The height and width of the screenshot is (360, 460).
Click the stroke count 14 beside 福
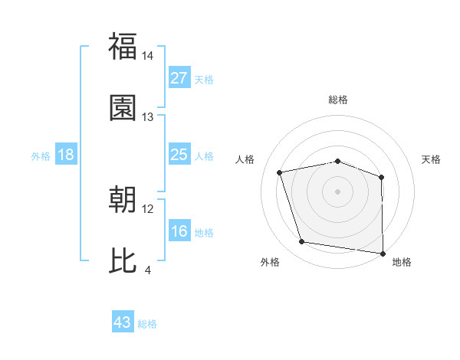pyautogui.click(x=148, y=57)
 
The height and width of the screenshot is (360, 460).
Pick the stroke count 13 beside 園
pyautogui.click(x=148, y=117)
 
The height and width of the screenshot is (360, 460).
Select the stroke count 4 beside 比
pyautogui.click(x=148, y=270)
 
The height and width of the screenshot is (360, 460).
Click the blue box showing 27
pyautogui.click(x=179, y=78)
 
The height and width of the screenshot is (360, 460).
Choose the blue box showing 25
pyautogui.click(x=179, y=155)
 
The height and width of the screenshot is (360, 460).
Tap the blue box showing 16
pyautogui.click(x=179, y=231)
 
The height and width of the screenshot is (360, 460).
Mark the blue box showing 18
pyautogui.click(x=66, y=155)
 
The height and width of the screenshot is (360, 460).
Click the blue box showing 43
pyautogui.click(x=123, y=322)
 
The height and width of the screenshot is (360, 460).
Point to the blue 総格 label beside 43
pyautogui.click(x=147, y=323)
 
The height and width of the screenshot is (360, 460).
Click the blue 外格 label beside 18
pyautogui.click(x=41, y=155)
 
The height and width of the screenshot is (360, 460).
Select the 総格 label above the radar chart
pyautogui.click(x=338, y=100)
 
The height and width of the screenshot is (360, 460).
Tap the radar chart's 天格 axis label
pyautogui.click(x=432, y=159)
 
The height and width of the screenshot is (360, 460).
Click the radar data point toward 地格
pyautogui.click(x=383, y=253)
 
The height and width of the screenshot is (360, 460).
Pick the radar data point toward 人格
pyautogui.click(x=280, y=172)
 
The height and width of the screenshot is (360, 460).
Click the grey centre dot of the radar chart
pyautogui.click(x=338, y=191)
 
